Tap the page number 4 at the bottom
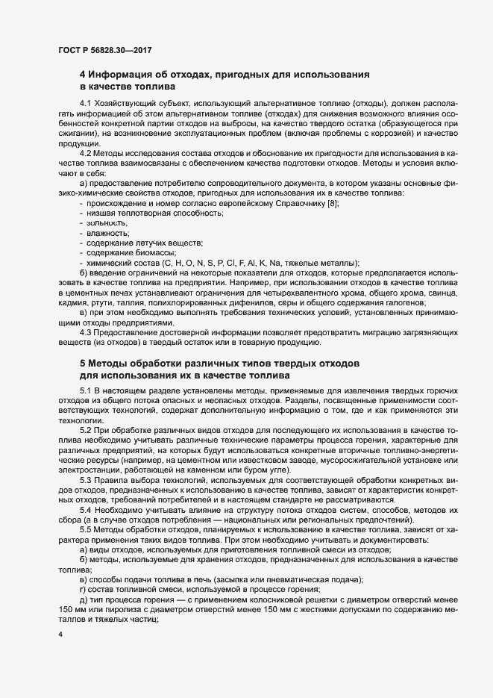click(x=60, y=635)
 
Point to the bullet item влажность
click(x=108, y=233)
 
